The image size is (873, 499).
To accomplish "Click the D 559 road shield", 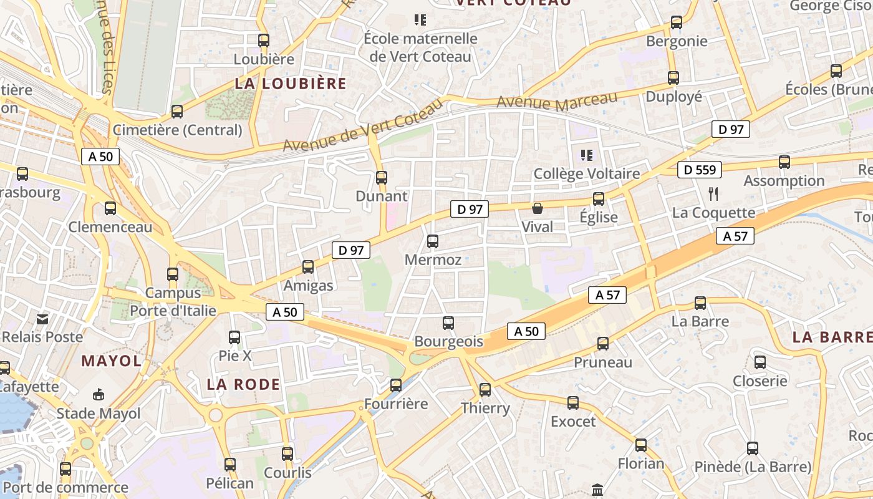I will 700,169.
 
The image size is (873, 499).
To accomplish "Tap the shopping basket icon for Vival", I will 537,208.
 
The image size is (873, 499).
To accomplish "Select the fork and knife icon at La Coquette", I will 713,194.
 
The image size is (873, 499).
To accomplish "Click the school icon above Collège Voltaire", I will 586,155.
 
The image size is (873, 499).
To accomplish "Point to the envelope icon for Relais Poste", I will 42,319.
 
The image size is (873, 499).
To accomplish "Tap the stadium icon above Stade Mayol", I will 99,394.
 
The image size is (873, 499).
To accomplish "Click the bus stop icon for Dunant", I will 382,177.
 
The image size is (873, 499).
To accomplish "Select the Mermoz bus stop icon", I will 433,241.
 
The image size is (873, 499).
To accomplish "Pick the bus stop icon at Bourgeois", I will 448,322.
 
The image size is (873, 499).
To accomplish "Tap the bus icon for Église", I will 599,199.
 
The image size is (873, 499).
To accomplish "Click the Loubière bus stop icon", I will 264,41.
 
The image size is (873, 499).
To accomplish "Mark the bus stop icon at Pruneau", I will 603,343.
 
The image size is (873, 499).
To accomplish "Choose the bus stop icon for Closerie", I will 760,362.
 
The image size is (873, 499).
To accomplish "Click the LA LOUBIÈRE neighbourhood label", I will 291,84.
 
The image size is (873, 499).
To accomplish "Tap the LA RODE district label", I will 243,384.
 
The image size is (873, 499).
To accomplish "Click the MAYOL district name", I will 111,361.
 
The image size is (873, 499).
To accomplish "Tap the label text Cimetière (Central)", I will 177,130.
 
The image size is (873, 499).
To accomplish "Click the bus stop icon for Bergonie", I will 677,22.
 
